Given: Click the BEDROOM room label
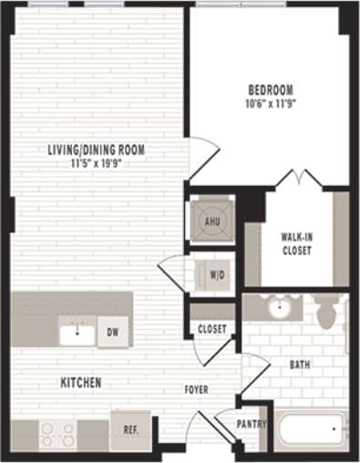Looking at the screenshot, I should point(272,89).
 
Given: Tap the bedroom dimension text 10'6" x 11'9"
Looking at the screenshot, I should point(272,103).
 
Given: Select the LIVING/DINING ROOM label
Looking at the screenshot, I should point(97,150).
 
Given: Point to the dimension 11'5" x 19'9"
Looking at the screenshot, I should point(97,164).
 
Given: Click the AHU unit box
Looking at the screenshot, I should point(211,220).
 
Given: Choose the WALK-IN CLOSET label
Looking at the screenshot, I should point(296,243).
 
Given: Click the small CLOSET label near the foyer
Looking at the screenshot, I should point(211,329).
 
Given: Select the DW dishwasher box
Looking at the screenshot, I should point(113,332).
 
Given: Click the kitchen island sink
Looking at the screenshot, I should point(77,334).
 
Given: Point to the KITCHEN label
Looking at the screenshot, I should point(81,382).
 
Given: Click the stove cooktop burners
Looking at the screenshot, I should point(57,433).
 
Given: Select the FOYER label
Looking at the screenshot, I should point(196,389).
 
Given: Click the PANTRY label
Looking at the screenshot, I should point(251,425).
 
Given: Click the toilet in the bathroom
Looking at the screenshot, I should point(327,313).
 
